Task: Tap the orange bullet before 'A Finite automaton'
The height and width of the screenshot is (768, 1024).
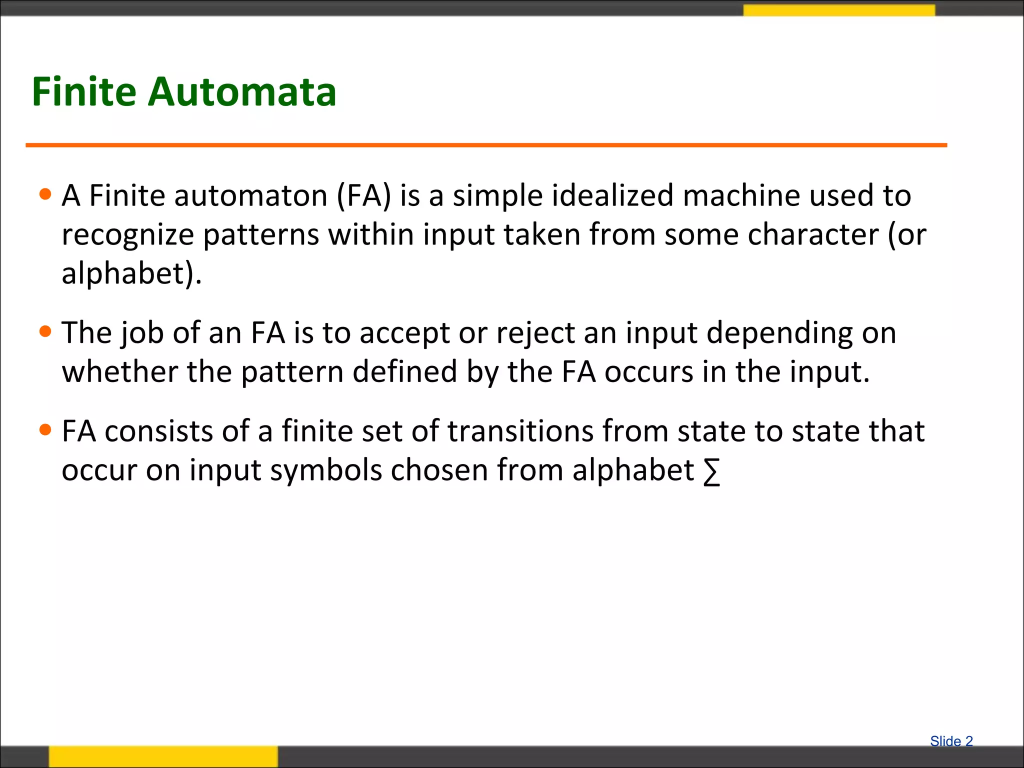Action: pyautogui.click(x=45, y=194)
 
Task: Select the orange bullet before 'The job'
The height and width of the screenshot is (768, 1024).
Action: pyautogui.click(x=45, y=331)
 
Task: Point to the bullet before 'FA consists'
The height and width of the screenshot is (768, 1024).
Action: pyautogui.click(x=45, y=430)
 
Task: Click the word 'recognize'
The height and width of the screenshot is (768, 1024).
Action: pyautogui.click(x=127, y=235)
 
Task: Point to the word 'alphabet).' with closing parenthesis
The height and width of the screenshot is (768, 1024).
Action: pyautogui.click(x=131, y=273)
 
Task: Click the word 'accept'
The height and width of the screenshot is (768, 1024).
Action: pyautogui.click(x=404, y=333)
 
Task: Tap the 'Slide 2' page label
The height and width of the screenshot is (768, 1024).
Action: pyautogui.click(x=951, y=741)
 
